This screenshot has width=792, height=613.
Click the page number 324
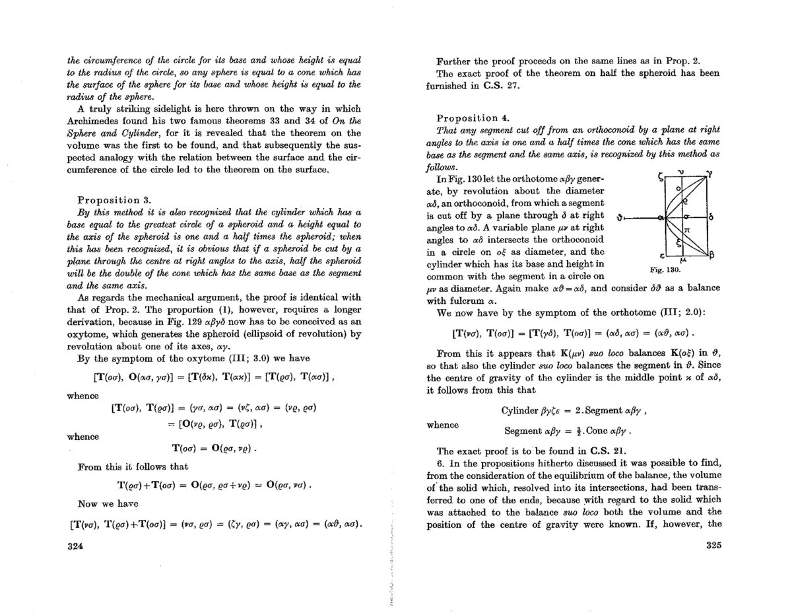[x=74, y=546]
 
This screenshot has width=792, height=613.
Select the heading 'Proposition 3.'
[x=115, y=199]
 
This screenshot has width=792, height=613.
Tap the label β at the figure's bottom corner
[x=710, y=254]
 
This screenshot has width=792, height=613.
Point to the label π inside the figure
[x=687, y=228]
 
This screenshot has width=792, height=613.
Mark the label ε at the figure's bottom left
[x=661, y=255]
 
